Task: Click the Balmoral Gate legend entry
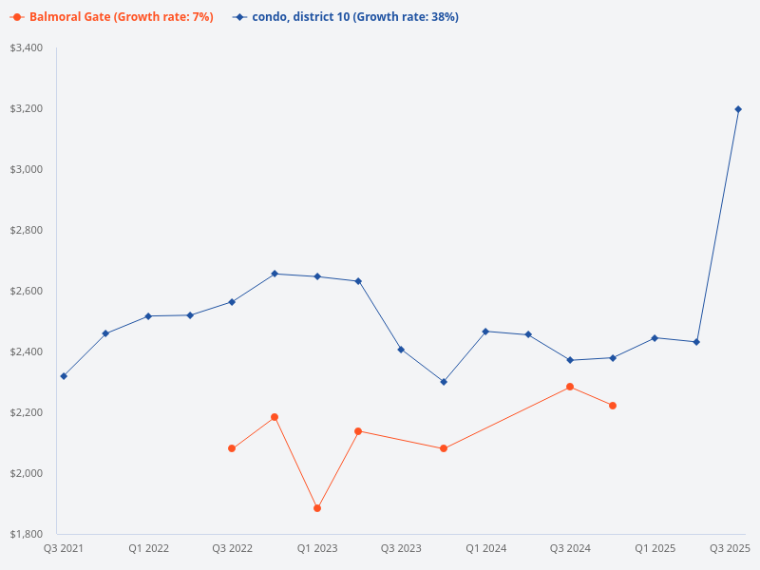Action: click(x=112, y=17)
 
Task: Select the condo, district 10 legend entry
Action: click(x=346, y=17)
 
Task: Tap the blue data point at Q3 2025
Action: click(x=738, y=109)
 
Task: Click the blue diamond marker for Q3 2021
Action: click(x=64, y=376)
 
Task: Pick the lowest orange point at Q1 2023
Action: click(x=317, y=508)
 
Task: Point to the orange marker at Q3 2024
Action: click(x=570, y=387)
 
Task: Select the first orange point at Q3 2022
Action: click(x=232, y=448)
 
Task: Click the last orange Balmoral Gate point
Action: click(x=613, y=406)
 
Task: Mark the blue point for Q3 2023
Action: click(x=401, y=350)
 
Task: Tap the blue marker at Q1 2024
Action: click(x=485, y=332)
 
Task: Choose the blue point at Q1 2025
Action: click(x=655, y=338)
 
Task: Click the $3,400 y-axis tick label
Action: click(x=27, y=47)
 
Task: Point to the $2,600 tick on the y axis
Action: click(x=27, y=291)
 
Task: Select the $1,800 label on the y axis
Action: click(x=27, y=534)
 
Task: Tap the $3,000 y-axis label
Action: click(x=27, y=169)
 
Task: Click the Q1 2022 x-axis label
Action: click(x=148, y=548)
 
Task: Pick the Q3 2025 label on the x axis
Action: click(x=730, y=548)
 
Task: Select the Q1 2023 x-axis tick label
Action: click(x=317, y=548)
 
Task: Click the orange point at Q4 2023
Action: click(x=444, y=448)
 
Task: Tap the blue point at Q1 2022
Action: click(x=148, y=316)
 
